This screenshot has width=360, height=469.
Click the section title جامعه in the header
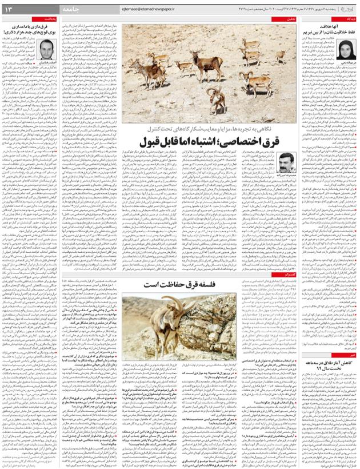pos(73,9)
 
